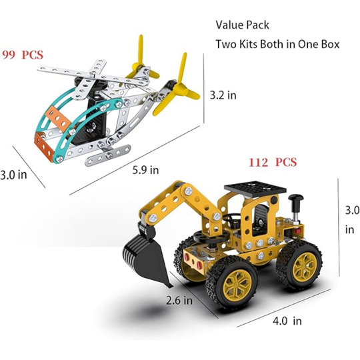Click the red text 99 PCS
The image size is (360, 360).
pos(23,55)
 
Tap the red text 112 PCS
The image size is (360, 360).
pos(273,162)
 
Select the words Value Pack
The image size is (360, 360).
pos(242,25)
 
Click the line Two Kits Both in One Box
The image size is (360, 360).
pos(277,44)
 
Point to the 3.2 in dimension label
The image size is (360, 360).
pos(223,95)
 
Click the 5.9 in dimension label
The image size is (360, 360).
pos(145,170)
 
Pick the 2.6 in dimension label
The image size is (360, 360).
pos(179,300)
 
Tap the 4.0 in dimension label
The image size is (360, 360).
pos(287,321)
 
